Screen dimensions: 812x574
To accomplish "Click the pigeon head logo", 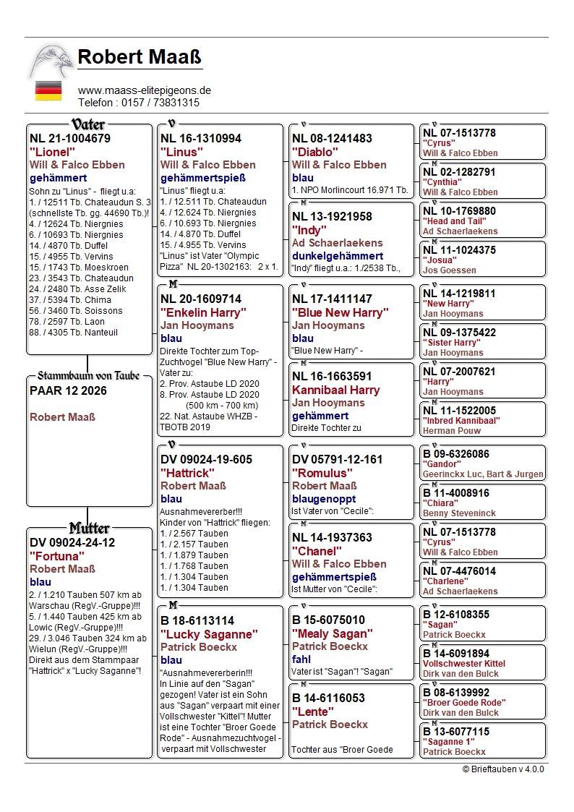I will click(x=51, y=61).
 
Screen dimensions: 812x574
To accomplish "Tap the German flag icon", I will click(x=48, y=91).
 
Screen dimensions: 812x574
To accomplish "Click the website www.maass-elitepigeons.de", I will click(x=145, y=90).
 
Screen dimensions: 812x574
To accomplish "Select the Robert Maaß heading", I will click(x=140, y=57).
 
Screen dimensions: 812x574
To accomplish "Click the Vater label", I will click(x=89, y=124).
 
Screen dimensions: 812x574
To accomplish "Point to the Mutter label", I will click(x=89, y=528).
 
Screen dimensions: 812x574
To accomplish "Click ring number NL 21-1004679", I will click(x=70, y=138).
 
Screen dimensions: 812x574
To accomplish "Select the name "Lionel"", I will click(x=52, y=152).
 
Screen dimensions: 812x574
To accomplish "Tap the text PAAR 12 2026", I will click(x=68, y=390).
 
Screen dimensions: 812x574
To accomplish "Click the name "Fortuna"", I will click(x=57, y=556).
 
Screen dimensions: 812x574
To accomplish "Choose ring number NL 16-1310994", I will click(x=201, y=138).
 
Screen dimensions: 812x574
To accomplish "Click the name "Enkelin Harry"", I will click(x=203, y=312).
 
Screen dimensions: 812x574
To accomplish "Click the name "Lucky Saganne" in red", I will click(x=209, y=633).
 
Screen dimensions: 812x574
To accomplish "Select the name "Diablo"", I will click(x=315, y=152).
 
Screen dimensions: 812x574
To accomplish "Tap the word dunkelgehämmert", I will click(x=338, y=256).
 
